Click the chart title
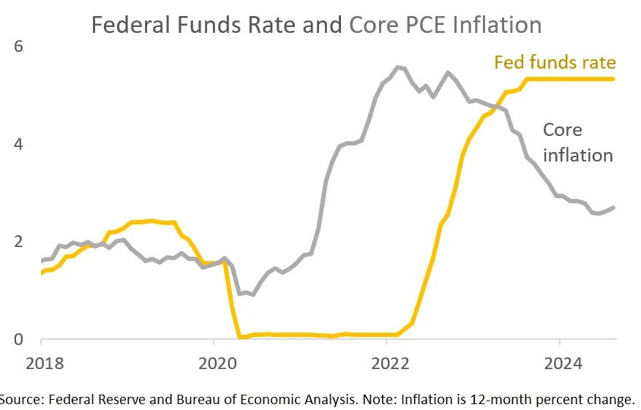[x=315, y=25]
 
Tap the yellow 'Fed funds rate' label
[x=555, y=62]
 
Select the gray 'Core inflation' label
[x=577, y=143]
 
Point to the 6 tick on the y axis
[x=20, y=47]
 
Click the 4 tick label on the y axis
[x=20, y=145]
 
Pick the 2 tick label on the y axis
[x=20, y=242]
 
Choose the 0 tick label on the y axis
[x=20, y=339]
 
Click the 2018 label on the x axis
[x=44, y=363]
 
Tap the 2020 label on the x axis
[x=213, y=363]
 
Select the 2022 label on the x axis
[x=386, y=363]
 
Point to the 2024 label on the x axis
[x=558, y=363]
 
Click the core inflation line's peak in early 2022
[x=397, y=67]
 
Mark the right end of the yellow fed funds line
[x=613, y=79]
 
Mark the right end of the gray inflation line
[x=614, y=208]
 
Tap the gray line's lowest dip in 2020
[x=253, y=295]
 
